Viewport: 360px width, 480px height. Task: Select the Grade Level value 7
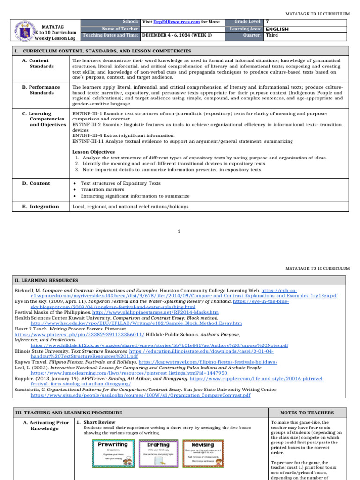pos(267,22)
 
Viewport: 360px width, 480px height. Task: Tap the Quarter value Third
pos(272,35)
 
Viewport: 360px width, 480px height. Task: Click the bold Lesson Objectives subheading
pos(93,152)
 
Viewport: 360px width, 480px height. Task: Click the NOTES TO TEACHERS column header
pos(307,413)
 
